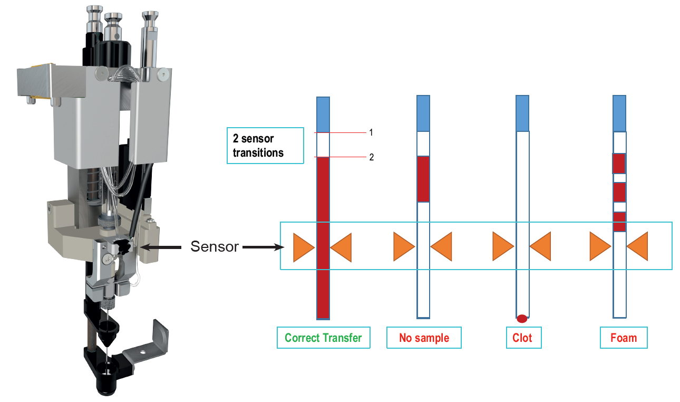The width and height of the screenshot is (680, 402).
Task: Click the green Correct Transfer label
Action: coord(323,338)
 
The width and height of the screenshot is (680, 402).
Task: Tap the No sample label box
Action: coord(424,338)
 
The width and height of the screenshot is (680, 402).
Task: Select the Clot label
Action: coord(522,338)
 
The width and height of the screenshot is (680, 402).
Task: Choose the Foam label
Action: coord(624,338)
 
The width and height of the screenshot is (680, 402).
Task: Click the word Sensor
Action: coord(215,246)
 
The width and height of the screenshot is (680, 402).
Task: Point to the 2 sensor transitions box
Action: coord(265,146)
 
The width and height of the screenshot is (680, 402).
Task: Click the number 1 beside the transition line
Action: coord(371,132)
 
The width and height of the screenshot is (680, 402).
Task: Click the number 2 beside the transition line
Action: coord(371,157)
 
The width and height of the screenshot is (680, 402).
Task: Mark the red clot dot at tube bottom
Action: coord(522,319)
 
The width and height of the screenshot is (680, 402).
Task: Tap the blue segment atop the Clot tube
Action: coord(522,113)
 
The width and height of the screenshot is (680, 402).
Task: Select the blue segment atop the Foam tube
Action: coord(619,113)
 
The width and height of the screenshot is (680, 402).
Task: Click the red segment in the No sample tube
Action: coord(423,179)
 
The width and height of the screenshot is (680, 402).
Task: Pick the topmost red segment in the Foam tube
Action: coord(619,164)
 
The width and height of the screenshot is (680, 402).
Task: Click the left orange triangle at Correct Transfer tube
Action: coord(304,247)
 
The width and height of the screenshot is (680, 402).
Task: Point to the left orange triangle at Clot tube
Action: coord(503,247)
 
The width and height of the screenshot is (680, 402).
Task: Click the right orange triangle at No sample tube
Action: coord(441,247)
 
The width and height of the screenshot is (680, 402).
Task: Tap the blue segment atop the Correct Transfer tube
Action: coord(323,114)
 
